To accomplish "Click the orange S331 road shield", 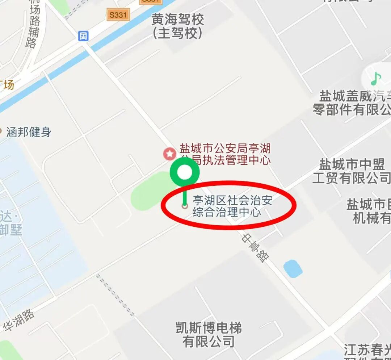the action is pos(118,15).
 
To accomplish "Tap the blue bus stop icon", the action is pos(84,36).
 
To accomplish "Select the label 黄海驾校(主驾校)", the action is pos(177,26).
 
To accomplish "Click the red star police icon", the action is pos(169,154).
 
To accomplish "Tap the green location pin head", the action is pos(185,173).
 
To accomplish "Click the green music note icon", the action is pos(376,78).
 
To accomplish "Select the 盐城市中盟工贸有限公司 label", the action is pos(351,171).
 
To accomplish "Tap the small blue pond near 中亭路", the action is pos(293,269).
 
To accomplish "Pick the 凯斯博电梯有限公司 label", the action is pos(209,335).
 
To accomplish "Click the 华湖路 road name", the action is pos(20,320).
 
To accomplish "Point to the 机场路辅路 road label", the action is pos(33,25).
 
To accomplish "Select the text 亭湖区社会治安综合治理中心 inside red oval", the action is pos(232,206).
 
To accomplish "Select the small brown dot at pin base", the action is pos(185,206).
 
